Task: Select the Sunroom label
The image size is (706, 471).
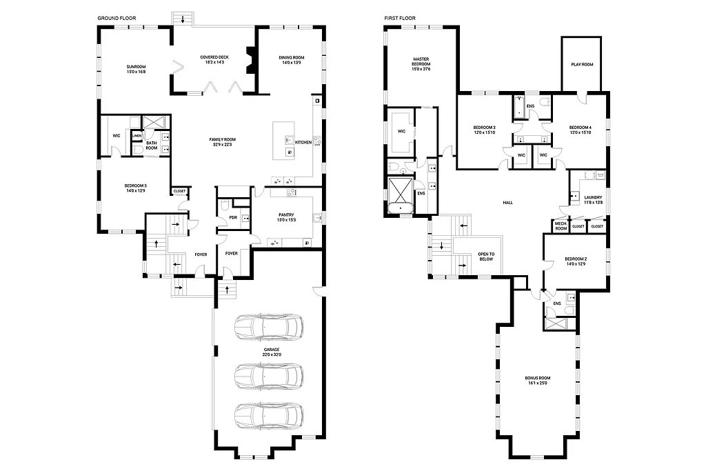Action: [136, 67]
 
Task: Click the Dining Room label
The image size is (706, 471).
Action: [291, 57]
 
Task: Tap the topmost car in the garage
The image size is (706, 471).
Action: [268, 327]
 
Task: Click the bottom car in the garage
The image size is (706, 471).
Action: [268, 417]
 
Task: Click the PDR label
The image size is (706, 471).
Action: [232, 219]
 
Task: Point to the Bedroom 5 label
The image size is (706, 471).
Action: [135, 186]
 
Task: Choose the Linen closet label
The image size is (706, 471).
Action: [137, 136]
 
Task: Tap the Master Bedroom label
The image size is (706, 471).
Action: [421, 63]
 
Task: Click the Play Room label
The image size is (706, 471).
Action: [582, 64]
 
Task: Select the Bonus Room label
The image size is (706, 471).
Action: [537, 379]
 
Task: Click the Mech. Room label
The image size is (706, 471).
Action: [561, 226]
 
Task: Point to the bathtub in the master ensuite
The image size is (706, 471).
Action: [401, 208]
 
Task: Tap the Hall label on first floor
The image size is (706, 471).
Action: [508, 202]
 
